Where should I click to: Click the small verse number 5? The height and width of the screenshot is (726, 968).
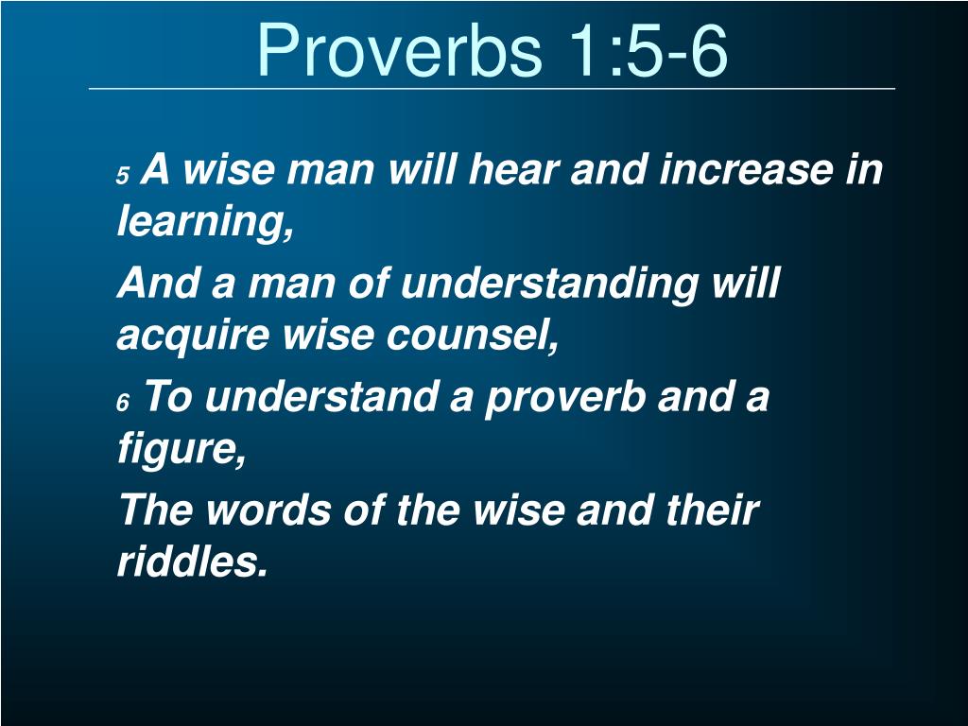coord(122,177)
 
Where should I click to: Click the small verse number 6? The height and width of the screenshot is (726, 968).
coord(122,404)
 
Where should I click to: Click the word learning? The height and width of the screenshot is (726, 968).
coord(204,224)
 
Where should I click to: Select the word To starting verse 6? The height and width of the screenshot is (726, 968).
coord(167,397)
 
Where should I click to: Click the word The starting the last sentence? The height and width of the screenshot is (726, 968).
coord(155,510)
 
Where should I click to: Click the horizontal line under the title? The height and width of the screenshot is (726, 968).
coord(492,89)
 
